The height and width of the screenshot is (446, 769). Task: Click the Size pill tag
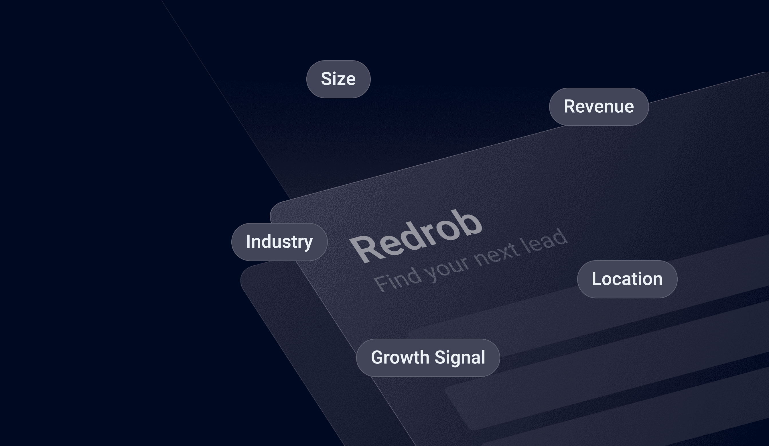(338, 79)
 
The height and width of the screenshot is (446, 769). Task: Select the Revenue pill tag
(599, 107)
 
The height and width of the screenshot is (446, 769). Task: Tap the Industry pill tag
(279, 242)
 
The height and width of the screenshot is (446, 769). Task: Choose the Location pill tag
(627, 279)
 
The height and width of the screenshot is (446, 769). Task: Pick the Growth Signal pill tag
(428, 358)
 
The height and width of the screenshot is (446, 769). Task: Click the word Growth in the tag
(400, 358)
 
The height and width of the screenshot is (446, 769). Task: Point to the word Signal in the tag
(460, 358)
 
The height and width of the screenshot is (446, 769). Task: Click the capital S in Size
(326, 79)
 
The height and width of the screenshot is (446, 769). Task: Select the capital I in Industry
(249, 242)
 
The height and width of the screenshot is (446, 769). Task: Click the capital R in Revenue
(569, 107)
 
